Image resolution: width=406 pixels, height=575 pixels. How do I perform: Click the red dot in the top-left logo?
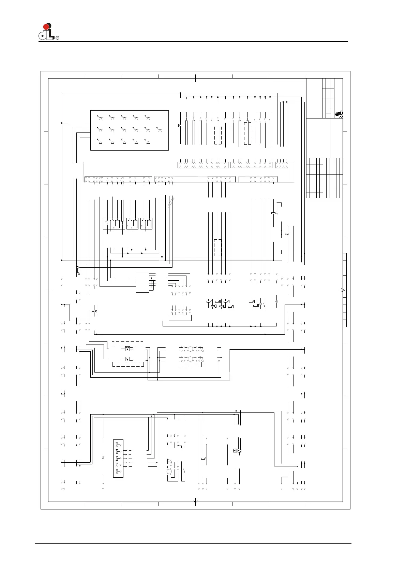click(x=46, y=27)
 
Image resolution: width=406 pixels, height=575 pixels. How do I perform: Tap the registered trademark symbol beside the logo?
click(x=57, y=38)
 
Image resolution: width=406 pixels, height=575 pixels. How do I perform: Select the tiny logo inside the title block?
click(x=339, y=114)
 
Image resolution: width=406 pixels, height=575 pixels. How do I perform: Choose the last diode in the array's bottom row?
click(x=147, y=141)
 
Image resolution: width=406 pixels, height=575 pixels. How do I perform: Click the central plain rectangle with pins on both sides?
click(x=142, y=282)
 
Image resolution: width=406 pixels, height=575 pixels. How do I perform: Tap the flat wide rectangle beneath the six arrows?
click(x=180, y=318)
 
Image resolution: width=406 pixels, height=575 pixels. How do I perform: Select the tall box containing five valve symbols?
click(x=118, y=459)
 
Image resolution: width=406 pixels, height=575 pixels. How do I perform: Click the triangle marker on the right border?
click(x=342, y=290)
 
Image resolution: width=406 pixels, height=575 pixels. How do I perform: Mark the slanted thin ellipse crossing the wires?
click(x=171, y=202)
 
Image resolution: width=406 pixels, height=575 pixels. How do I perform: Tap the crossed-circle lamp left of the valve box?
click(x=103, y=458)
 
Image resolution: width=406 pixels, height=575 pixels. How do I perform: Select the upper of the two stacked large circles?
click(x=191, y=349)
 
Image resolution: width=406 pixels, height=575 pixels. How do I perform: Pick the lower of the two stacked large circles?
click(x=191, y=359)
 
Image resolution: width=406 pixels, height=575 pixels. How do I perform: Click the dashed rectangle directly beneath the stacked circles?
click(x=190, y=364)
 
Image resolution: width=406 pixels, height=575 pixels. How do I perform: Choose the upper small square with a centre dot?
click(x=127, y=349)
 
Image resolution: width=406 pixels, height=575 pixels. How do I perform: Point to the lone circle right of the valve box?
click(x=169, y=472)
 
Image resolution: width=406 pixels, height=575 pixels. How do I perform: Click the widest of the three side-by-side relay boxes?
click(x=114, y=224)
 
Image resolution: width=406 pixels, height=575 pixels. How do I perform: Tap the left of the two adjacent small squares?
click(x=235, y=450)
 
